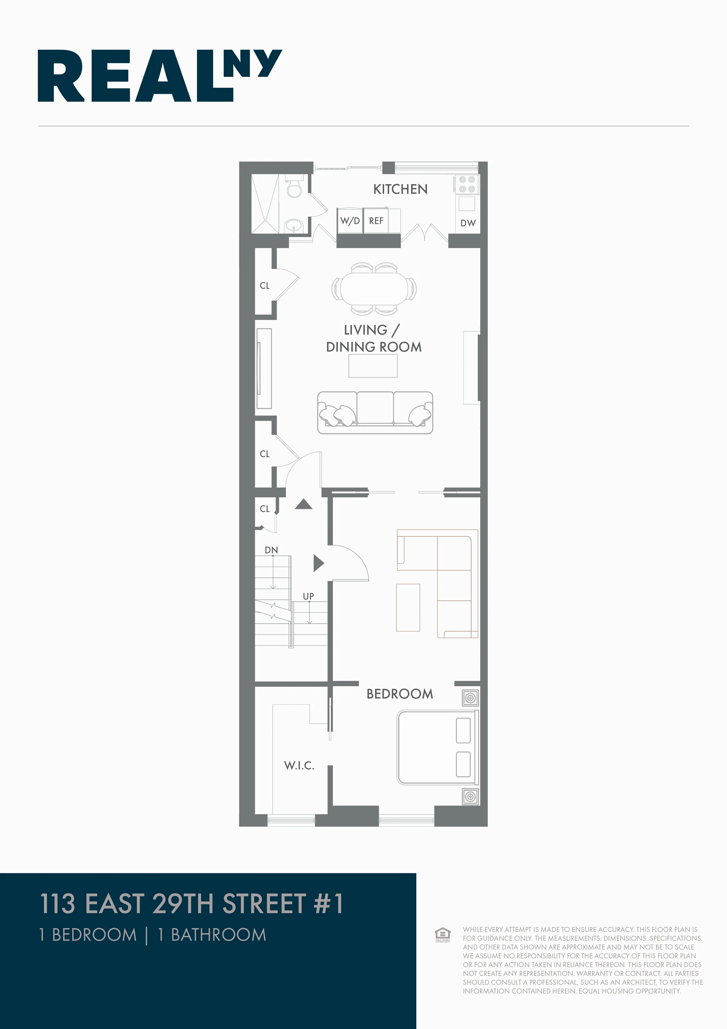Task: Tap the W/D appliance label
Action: [350, 221]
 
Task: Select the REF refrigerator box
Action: [376, 221]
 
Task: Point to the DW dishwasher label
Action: [468, 223]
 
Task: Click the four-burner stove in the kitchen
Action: [467, 184]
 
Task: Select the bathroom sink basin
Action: [294, 225]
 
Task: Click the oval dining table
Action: [374, 289]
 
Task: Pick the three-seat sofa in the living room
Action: [375, 412]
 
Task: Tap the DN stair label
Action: [271, 550]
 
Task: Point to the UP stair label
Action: [308, 596]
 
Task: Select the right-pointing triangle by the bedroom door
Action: [318, 563]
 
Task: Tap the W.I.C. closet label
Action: [299, 765]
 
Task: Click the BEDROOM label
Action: [400, 694]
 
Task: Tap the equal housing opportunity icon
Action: [442, 935]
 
